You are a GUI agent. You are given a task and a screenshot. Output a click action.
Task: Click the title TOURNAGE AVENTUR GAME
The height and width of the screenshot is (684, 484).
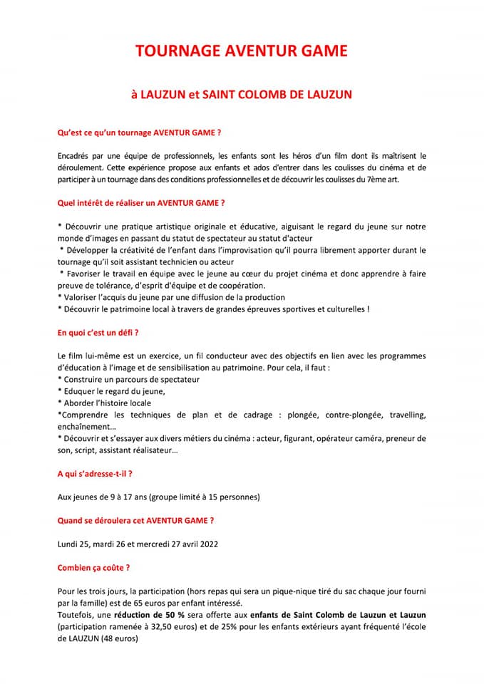point(242,51)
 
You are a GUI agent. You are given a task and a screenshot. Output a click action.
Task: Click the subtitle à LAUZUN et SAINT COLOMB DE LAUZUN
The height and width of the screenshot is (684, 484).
point(242,94)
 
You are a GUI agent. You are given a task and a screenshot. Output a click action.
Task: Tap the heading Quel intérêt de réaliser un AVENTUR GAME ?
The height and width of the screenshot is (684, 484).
point(141,203)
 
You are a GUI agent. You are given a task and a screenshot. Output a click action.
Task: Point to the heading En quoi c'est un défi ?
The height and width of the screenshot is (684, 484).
point(98,333)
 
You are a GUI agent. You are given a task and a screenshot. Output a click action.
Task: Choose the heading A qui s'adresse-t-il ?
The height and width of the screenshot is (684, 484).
point(95,473)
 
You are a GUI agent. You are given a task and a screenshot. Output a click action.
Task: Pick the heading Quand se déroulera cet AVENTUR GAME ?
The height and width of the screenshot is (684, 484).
point(135,520)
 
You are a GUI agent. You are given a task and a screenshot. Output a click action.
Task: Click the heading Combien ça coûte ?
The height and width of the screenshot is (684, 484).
point(93,568)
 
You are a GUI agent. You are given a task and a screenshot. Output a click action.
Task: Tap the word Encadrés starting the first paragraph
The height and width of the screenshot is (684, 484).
point(75,156)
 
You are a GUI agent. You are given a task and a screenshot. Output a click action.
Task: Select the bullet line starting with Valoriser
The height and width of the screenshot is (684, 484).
point(171,297)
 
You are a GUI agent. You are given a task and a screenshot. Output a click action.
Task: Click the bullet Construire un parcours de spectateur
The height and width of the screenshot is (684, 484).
point(128,380)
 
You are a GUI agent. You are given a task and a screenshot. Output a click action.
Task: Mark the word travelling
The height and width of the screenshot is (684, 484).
point(403,415)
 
